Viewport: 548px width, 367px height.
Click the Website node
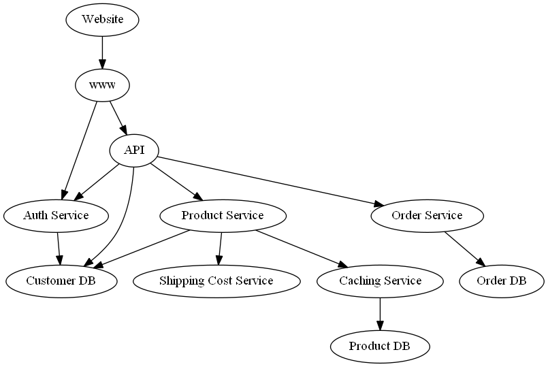tap(102, 19)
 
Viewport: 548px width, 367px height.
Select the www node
tap(102, 85)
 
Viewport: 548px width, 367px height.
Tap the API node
tap(134, 150)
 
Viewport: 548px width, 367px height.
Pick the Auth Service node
tap(56, 216)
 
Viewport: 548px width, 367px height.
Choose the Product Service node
tap(223, 216)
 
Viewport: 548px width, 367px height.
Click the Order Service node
tap(427, 216)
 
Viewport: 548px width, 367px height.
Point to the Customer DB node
tap(61, 281)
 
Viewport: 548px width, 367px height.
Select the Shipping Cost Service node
tap(216, 281)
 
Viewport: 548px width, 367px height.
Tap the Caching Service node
tap(380, 281)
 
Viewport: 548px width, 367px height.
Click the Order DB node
tap(502, 281)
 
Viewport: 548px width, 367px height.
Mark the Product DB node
tap(380, 346)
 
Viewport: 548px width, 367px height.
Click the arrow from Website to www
tap(102, 52)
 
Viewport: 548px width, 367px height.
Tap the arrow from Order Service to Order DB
tap(464, 249)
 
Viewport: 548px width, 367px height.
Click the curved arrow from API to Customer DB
tap(123, 225)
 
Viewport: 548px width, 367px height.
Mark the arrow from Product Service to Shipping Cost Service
tap(220, 248)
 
